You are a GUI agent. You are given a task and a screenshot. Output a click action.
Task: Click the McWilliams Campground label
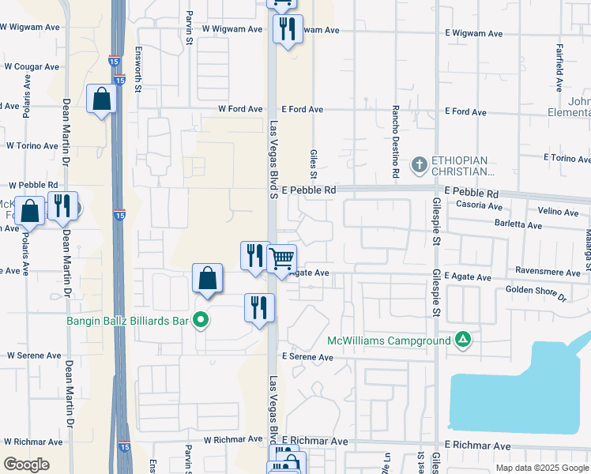pyautogui.click(x=390, y=341)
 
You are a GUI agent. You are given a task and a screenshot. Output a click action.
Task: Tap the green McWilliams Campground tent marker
pyautogui.click(x=463, y=340)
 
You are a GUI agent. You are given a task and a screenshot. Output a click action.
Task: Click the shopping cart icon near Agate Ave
pyautogui.click(x=282, y=258)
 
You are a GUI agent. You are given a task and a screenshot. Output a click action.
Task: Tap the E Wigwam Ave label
pyautogui.click(x=473, y=34)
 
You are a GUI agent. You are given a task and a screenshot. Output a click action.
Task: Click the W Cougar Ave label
pyautogui.click(x=29, y=67)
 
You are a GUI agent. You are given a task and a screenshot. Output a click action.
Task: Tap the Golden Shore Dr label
pyautogui.click(x=536, y=293)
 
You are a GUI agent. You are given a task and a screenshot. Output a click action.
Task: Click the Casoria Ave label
pyautogui.click(x=480, y=205)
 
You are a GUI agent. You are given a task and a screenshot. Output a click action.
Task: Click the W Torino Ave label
pyautogui.click(x=33, y=145)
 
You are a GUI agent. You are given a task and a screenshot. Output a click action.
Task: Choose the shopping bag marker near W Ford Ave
pyautogui.click(x=102, y=100)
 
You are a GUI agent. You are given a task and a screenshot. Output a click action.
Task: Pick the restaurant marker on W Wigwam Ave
pyautogui.click(x=286, y=29)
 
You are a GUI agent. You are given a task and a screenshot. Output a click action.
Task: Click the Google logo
pyautogui.click(x=26, y=465)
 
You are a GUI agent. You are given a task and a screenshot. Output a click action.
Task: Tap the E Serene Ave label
pyautogui.click(x=309, y=357)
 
